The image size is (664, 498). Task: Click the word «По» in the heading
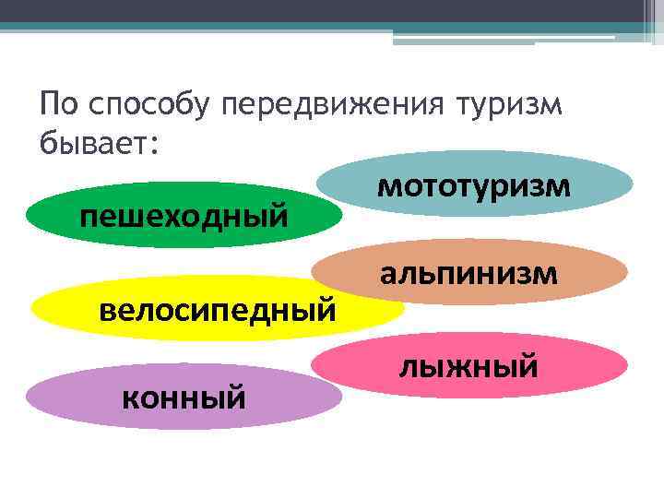[57, 105]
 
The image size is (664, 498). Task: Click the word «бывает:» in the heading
[100, 146]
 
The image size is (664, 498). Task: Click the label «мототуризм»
[474, 184]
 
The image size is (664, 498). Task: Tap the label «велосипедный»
[217, 306]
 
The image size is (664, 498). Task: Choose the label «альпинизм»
[468, 272]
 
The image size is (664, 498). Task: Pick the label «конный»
[184, 397]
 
